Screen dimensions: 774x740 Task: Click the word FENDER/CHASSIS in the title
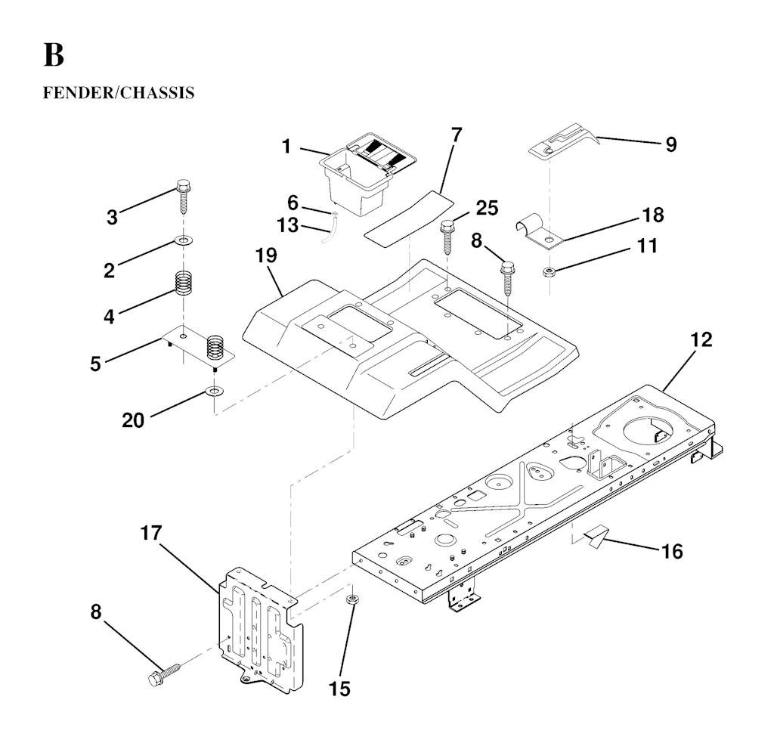tap(119, 93)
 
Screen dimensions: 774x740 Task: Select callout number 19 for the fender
tap(266, 255)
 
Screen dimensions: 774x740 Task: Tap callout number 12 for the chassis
tap(701, 339)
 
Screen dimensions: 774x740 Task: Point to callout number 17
tap(151, 533)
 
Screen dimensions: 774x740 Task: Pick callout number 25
tap(487, 208)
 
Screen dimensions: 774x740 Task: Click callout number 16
tap(672, 551)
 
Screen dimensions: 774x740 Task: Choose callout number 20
tap(133, 420)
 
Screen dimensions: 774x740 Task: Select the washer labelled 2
tap(184, 241)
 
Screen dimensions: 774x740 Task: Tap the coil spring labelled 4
tap(184, 283)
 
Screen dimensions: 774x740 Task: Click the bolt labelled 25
tap(447, 237)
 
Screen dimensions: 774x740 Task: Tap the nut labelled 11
tap(549, 271)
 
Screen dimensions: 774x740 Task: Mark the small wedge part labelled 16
tap(596, 537)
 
